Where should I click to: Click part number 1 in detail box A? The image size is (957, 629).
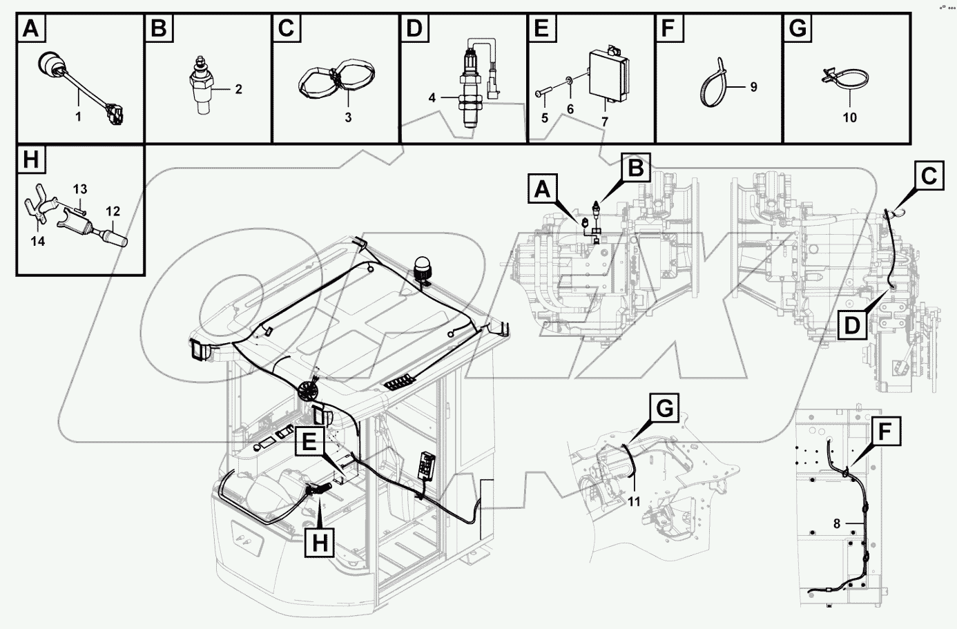click(x=78, y=117)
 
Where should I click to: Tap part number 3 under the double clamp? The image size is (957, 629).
click(x=348, y=117)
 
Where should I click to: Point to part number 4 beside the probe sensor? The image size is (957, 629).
click(x=432, y=98)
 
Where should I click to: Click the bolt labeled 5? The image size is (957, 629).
click(x=543, y=95)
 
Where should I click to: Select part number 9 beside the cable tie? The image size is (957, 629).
click(x=753, y=87)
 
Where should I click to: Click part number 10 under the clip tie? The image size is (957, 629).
click(x=850, y=117)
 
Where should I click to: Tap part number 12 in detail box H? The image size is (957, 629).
click(x=113, y=210)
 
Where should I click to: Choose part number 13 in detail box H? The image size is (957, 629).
click(x=80, y=188)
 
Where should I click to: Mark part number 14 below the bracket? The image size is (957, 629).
click(x=38, y=241)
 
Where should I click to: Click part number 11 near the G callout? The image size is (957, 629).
click(x=634, y=501)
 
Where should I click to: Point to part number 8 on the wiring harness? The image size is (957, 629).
click(x=837, y=524)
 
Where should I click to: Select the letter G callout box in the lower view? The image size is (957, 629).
click(x=663, y=409)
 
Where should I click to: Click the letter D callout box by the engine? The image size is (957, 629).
click(x=854, y=324)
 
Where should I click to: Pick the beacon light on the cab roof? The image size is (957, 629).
click(x=421, y=268)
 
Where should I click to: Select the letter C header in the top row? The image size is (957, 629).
click(x=287, y=30)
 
